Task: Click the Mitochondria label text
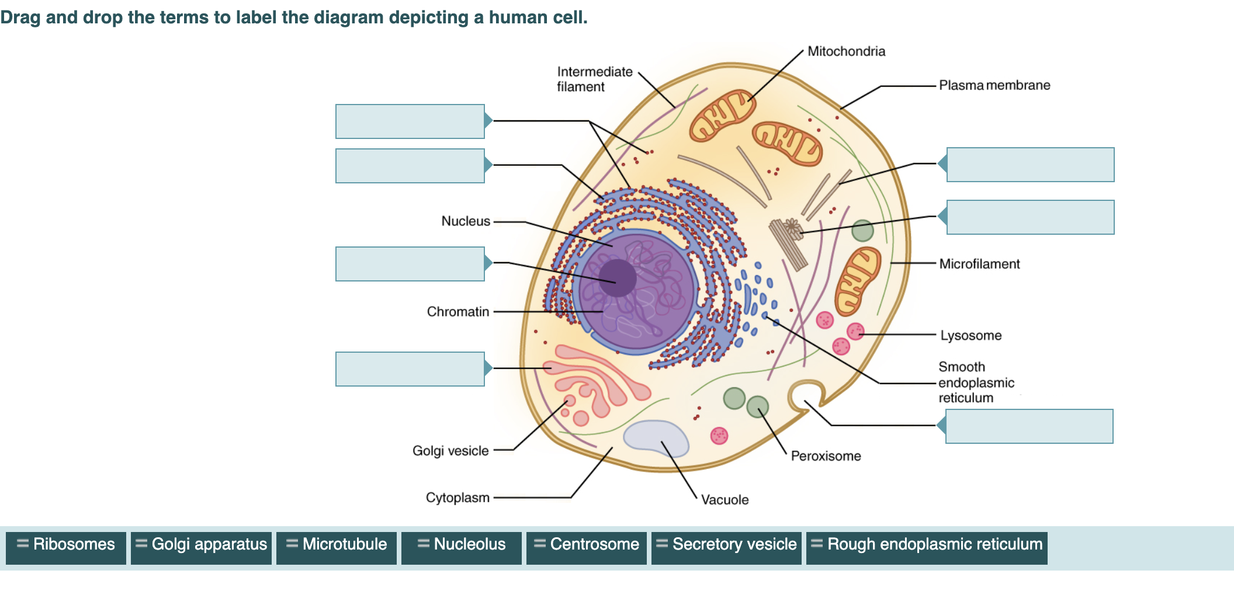[846, 51]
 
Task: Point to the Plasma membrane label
[994, 85]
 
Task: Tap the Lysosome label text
[970, 336]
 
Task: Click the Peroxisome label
[826, 456]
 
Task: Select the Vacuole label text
[725, 500]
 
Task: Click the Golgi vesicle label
[450, 451]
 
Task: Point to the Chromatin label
[458, 312]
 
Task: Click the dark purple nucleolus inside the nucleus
[618, 278]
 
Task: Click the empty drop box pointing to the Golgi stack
[410, 369]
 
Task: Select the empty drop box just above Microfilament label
[1030, 217]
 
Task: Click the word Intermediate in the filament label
[595, 72]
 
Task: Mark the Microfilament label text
[979, 264]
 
